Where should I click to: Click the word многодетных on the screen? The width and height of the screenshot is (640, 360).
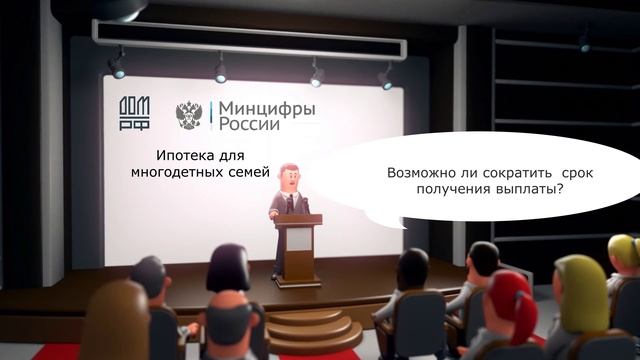(181, 173)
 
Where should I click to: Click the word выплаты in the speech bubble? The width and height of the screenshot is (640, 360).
(524, 191)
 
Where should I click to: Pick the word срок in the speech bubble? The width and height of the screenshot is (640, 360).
(577, 174)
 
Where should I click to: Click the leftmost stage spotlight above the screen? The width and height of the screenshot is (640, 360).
(118, 66)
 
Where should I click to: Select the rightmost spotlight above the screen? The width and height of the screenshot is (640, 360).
(385, 76)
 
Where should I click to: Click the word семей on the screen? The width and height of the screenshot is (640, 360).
(252, 173)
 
